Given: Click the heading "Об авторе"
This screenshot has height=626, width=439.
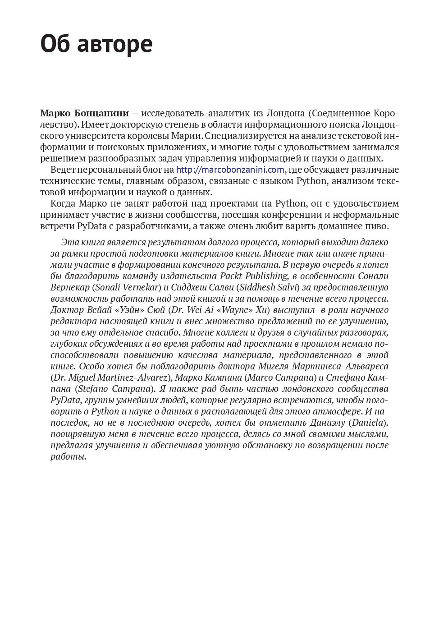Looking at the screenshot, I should coord(96,44).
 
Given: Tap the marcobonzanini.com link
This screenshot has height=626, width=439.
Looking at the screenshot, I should coord(230,170).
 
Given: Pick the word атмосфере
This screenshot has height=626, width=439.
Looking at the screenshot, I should coord(337,411).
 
